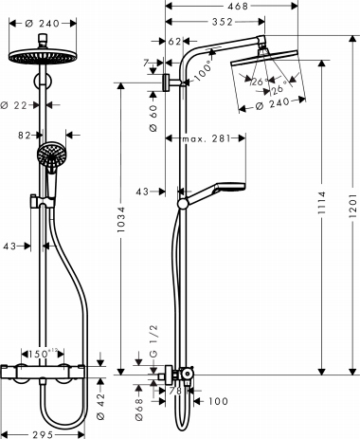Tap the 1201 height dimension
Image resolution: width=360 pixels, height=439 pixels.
pos(351,205)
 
